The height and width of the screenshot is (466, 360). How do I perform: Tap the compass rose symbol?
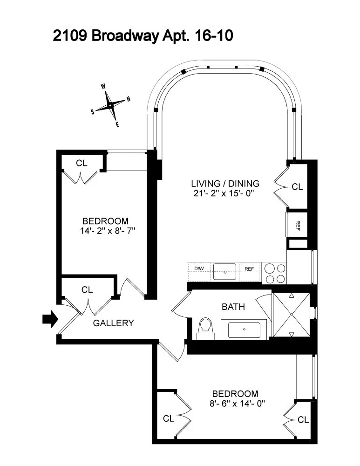coord(110,106)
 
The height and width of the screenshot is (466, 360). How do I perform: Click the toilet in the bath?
coord(204,328)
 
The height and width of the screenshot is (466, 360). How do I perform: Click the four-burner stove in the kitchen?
coord(274,273)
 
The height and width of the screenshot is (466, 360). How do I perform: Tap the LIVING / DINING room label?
coord(225,183)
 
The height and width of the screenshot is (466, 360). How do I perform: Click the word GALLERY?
coord(114,323)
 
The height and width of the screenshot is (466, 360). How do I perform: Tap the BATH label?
coord(233,307)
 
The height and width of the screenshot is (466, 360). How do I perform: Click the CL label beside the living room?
coord(297,186)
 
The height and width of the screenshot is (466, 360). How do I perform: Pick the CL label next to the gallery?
coord(87,290)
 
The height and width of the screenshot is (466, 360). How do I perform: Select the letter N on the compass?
coord(128,99)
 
